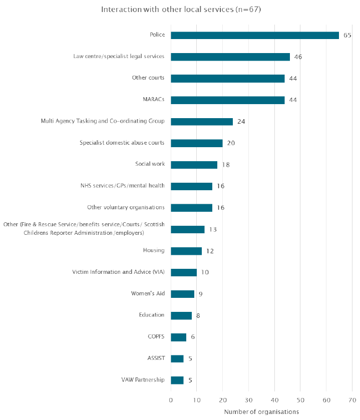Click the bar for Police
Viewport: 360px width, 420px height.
[255, 36]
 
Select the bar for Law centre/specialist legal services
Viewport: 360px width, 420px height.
[230, 57]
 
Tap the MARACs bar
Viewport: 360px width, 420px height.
[228, 100]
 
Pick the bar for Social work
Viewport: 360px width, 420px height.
[194, 165]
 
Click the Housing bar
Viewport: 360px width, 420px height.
[186, 251]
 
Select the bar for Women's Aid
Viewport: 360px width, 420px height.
[182, 294]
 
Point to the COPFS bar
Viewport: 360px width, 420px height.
[178, 337]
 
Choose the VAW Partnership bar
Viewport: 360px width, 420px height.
[177, 380]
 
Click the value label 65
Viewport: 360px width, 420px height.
[347, 36]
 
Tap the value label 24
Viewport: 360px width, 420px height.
[241, 122]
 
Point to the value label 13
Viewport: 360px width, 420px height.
[213, 230]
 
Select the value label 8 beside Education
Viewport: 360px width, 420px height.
[198, 315]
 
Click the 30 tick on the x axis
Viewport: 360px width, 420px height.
[248, 400]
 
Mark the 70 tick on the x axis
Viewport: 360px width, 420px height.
[352, 400]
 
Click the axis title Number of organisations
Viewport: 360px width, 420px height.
[261, 411]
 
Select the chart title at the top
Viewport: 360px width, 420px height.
[181, 10]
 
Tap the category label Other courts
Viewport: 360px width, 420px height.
[148, 78]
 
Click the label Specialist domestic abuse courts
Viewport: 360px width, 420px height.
[122, 143]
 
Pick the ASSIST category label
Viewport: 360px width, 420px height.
[156, 358]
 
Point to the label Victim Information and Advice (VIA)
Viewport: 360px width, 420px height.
[118, 272]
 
